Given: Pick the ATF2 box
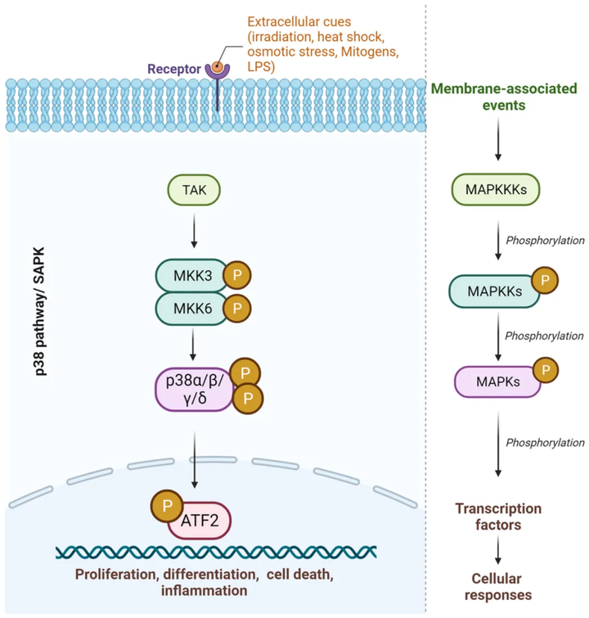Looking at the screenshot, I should click(200, 518).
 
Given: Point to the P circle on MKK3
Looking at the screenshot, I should click(237, 274).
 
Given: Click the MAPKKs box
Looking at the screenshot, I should click(495, 291).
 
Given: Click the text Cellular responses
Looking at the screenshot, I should click(498, 587).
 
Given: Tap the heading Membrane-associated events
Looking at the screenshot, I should click(499, 97).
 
